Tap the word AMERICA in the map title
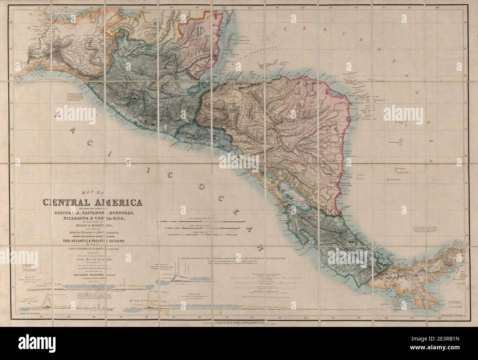(119, 203)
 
